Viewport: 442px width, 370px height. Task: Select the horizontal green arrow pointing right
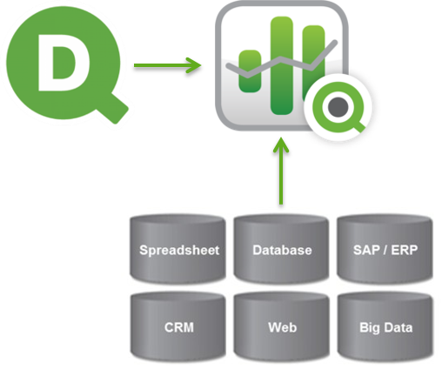pos(167,65)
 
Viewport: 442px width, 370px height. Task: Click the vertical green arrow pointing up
pos(281,171)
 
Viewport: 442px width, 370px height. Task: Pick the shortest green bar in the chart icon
pos(250,71)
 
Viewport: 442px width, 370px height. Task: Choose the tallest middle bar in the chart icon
pos(281,65)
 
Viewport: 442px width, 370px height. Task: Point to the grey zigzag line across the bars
pos(282,59)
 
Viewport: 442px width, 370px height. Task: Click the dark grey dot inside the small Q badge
pos(338,107)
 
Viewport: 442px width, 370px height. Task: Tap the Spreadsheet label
pos(179,250)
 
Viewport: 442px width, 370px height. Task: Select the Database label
pos(282,250)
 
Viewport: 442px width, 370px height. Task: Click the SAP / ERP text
pos(385,250)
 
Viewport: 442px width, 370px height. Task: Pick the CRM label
pos(179,327)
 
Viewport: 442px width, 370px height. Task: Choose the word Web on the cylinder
pos(283,327)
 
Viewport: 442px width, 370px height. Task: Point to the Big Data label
pos(386,328)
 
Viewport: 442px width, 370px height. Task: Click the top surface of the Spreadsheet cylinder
pos(177,221)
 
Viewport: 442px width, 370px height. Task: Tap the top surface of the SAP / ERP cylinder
pos(385,221)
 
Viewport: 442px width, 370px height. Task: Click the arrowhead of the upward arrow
pos(281,145)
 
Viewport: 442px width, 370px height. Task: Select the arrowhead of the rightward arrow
pos(194,65)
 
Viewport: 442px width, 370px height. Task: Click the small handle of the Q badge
pos(358,126)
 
